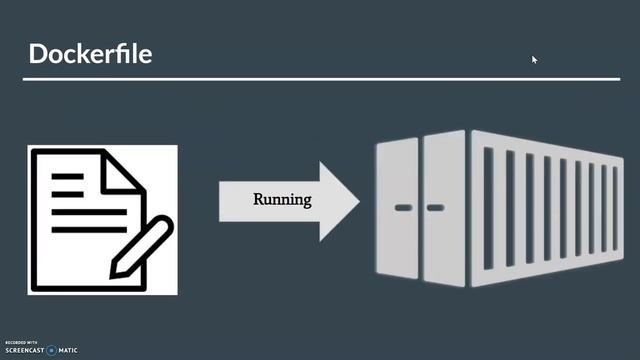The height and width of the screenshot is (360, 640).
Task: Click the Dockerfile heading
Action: tap(90, 53)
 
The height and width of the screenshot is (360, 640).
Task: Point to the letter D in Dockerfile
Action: tap(38, 53)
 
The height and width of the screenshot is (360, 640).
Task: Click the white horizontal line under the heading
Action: tap(320, 78)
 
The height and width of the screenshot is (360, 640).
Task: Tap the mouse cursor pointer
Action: tap(535, 60)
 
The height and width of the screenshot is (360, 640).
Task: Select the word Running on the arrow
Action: tap(282, 199)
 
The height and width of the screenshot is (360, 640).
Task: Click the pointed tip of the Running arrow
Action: tap(357, 200)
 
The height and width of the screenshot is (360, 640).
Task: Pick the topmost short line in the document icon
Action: tap(68, 176)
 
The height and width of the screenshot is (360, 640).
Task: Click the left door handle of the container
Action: tap(403, 208)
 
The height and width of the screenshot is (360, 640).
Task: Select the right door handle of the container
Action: tap(435, 208)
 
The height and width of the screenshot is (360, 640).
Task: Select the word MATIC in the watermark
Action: tap(68, 351)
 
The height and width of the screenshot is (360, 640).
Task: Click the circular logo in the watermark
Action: tap(51, 351)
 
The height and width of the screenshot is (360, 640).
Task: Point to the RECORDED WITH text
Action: tap(20, 342)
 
